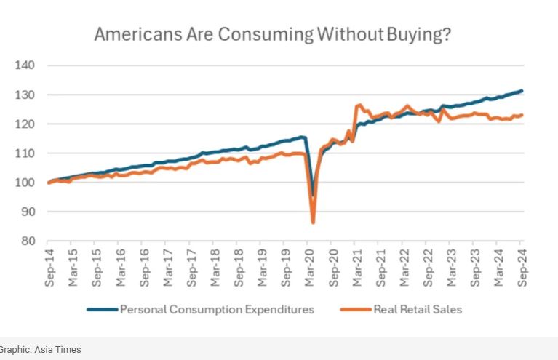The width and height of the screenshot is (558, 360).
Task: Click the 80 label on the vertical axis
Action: tap(28, 241)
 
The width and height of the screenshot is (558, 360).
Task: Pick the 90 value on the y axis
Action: tap(28, 212)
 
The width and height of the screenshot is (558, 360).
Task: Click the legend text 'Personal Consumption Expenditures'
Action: tap(217, 309)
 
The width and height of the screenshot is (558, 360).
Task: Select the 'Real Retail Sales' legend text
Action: tap(418, 309)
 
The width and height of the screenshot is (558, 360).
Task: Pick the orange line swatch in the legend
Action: tap(355, 309)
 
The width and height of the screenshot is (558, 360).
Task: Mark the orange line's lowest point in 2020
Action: tap(313, 223)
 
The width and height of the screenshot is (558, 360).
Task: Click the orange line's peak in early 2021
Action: tap(359, 105)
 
